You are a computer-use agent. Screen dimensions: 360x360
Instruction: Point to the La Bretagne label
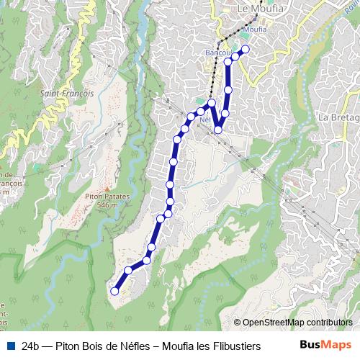(x=338, y=117)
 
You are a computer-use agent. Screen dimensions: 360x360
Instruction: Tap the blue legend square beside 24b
(x=11, y=346)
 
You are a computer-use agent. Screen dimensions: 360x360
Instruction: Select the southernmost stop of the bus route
(x=114, y=291)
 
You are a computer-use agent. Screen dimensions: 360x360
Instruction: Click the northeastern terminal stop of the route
(x=246, y=49)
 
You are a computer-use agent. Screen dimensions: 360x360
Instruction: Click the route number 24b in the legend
(x=30, y=346)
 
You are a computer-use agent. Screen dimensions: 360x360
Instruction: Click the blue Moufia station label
(x=256, y=29)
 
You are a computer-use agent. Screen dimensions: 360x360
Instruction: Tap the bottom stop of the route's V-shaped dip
(x=218, y=130)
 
